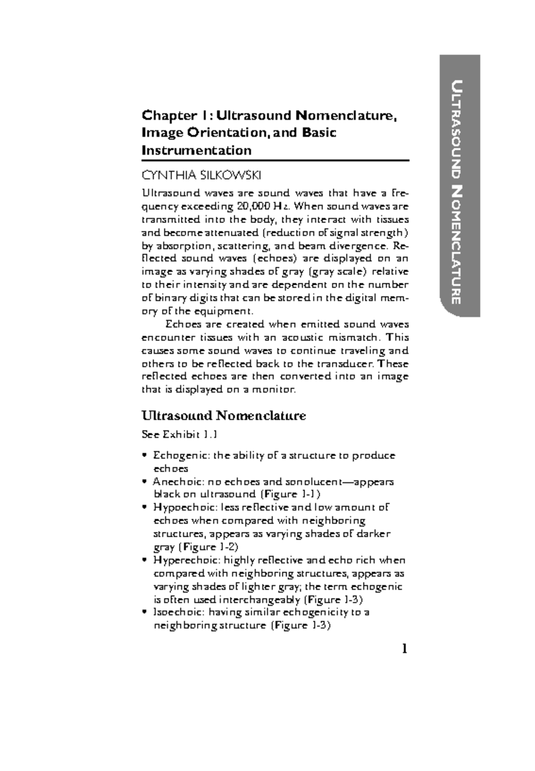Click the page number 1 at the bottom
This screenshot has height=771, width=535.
[404, 649]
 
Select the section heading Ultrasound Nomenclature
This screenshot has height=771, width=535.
[223, 416]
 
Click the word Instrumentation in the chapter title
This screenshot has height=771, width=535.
[196, 150]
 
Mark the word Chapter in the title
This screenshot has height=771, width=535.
[167, 116]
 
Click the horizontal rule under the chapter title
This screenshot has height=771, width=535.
[275, 161]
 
